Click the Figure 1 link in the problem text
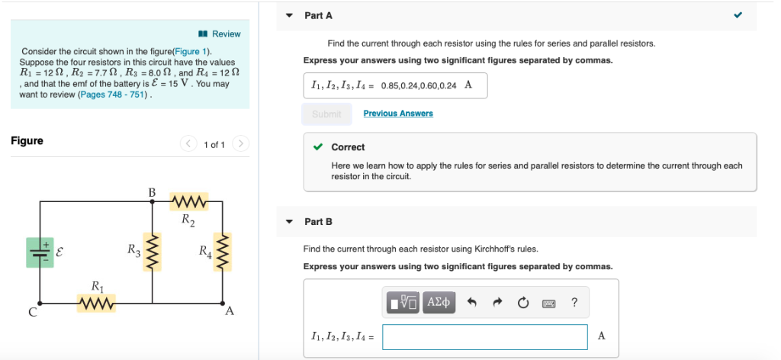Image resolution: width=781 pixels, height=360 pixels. pyautogui.click(x=188, y=51)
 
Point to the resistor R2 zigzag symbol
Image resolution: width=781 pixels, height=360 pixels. pyautogui.click(x=188, y=202)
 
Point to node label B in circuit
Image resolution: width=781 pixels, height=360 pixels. pyautogui.click(x=152, y=191)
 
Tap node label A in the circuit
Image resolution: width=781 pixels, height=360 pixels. pyautogui.click(x=230, y=311)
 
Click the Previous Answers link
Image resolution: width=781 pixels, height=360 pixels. pyautogui.click(x=397, y=114)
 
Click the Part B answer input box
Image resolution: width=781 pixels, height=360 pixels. pyautogui.click(x=484, y=336)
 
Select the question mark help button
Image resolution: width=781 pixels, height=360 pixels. pyautogui.click(x=574, y=303)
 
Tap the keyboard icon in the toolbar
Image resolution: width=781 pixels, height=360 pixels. pyautogui.click(x=548, y=303)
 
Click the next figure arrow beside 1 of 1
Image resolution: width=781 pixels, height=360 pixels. pyautogui.click(x=241, y=143)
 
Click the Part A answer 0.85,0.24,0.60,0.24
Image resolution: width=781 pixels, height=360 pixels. pyautogui.click(x=418, y=85)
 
